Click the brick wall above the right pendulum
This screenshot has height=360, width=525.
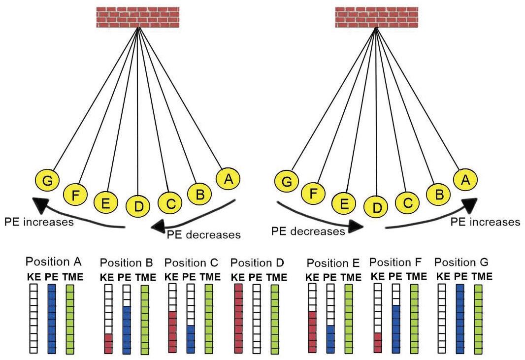tap(376, 18)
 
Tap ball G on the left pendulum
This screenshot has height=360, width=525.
tap(48, 181)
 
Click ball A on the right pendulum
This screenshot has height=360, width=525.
tap(465, 181)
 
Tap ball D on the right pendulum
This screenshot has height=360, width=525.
tap(377, 207)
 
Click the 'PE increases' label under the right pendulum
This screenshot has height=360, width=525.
tap(485, 222)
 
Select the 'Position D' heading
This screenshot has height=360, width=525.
tap(258, 263)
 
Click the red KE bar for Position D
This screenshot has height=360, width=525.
tap(239, 318)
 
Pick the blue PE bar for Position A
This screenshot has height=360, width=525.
tap(52, 318)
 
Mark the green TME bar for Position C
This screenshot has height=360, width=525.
tap(209, 318)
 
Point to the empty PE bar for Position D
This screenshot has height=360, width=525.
tap(257, 318)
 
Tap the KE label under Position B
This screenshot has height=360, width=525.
tap(107, 277)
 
